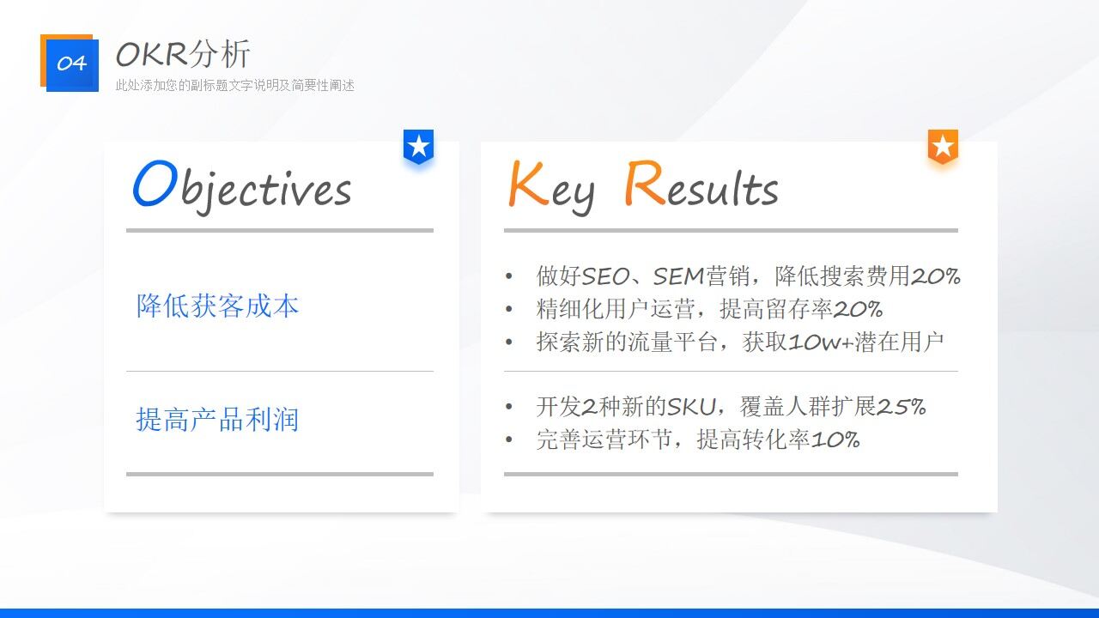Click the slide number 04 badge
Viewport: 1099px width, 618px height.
point(71,64)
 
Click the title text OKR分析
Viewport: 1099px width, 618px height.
point(183,54)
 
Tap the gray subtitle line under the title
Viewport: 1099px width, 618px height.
point(235,85)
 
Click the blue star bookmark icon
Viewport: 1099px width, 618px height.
point(418,146)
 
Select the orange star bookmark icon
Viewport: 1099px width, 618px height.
point(943,146)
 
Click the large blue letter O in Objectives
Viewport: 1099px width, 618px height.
point(155,185)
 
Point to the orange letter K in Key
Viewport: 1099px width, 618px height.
point(528,185)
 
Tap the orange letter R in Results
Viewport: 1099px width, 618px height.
point(644,185)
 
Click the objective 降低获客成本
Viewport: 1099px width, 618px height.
point(217,306)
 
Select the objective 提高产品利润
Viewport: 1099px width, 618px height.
point(217,420)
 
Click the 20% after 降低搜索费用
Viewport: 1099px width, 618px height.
point(935,276)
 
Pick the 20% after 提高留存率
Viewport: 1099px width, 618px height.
point(858,309)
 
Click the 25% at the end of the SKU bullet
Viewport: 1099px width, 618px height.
point(902,407)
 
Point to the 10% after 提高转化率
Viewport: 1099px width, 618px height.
point(835,439)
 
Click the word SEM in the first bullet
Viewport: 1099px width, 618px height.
point(678,276)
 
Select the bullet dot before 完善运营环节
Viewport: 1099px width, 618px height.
point(509,440)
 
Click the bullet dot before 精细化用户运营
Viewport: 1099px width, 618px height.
point(509,310)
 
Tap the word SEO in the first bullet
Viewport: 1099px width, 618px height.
point(605,276)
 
